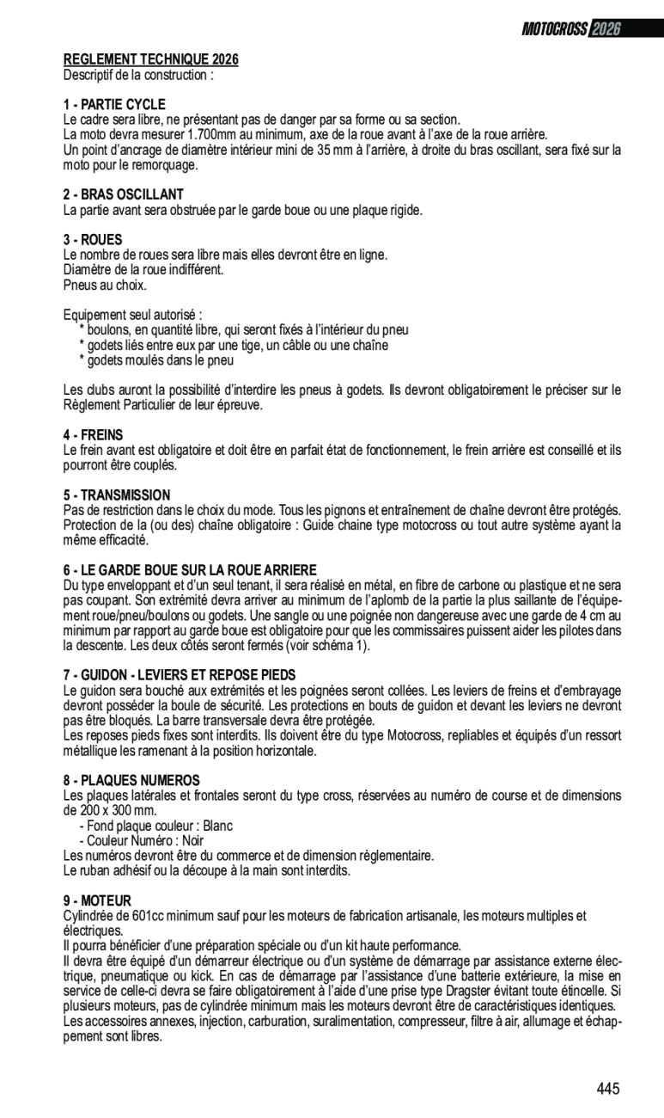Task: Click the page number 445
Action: (608, 1089)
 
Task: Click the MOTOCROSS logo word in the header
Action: (555, 29)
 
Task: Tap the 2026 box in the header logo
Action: (606, 29)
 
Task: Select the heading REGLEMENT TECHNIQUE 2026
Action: (151, 59)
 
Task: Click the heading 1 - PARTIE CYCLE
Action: (114, 105)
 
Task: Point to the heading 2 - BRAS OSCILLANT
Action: (124, 194)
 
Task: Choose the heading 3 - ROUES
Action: (93, 240)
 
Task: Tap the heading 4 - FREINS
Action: (93, 435)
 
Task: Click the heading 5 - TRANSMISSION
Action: (117, 495)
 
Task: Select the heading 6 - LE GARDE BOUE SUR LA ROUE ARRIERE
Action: (190, 570)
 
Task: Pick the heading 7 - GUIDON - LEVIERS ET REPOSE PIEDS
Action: (180, 675)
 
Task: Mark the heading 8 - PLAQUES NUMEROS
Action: (131, 781)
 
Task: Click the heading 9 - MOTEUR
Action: (97, 900)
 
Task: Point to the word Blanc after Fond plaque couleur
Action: (217, 826)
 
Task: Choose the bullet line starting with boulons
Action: (244, 329)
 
